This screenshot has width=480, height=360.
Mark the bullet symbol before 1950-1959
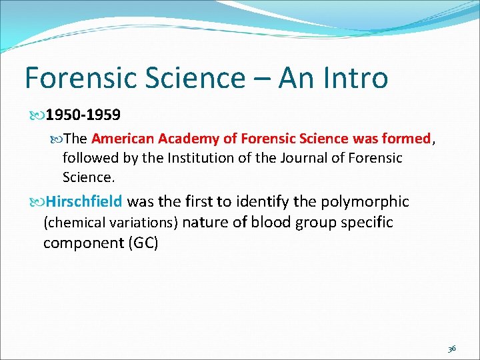(x=37, y=115)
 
